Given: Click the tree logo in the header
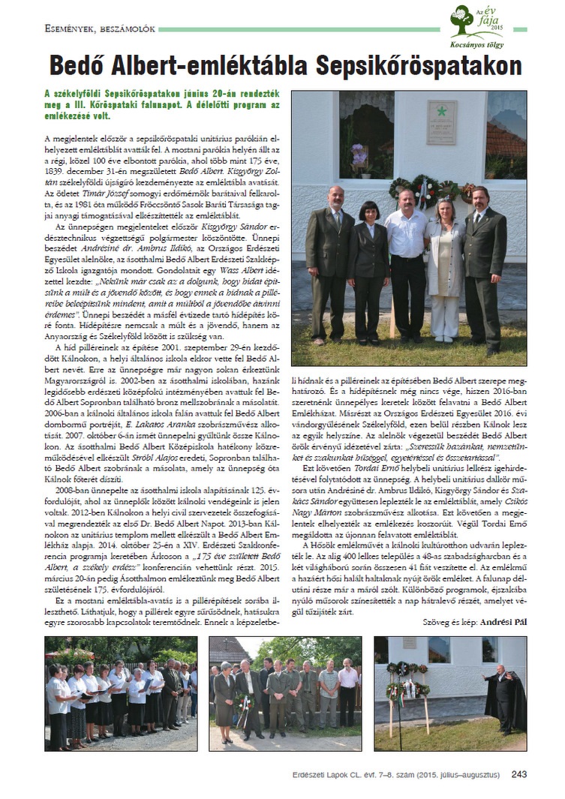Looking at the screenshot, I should (467, 20).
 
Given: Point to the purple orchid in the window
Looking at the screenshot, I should (359, 158).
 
